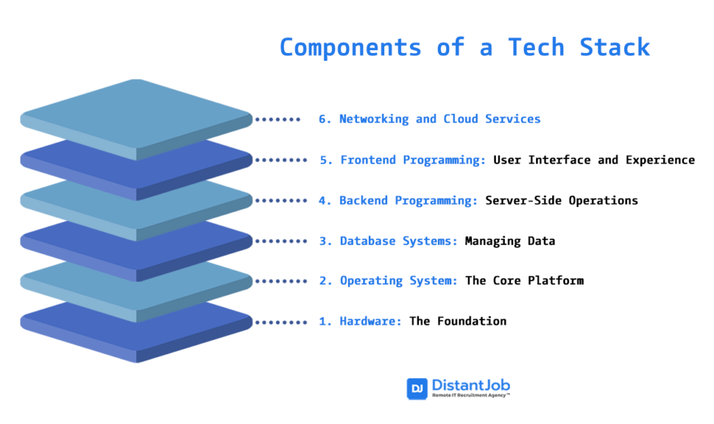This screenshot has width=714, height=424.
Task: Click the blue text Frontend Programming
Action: click(x=413, y=160)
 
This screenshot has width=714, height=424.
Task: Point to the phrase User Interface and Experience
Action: click(x=594, y=160)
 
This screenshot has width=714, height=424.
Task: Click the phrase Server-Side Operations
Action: click(x=561, y=200)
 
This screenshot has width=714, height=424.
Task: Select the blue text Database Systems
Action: click(x=399, y=241)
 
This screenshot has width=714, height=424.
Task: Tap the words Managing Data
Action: click(x=510, y=241)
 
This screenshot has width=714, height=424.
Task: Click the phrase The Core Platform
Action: click(x=524, y=280)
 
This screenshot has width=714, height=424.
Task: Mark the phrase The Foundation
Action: click(x=457, y=321)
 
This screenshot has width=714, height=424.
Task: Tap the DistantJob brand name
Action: click(x=471, y=385)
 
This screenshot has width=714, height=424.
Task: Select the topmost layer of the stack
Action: click(x=136, y=115)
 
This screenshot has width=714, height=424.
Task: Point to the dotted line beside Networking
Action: click(x=278, y=119)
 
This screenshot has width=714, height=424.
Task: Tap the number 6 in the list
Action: click(x=322, y=119)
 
